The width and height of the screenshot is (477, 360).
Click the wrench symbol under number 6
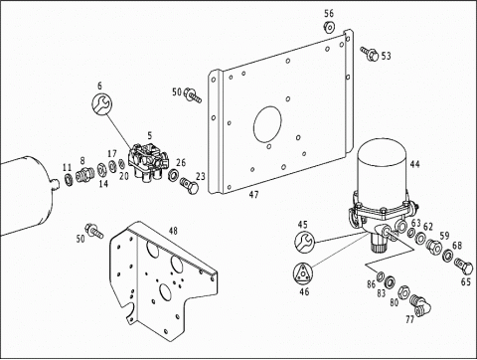[x=101, y=103]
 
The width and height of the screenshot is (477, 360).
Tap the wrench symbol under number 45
[x=304, y=241]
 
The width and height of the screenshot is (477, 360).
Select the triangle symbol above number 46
[x=303, y=273]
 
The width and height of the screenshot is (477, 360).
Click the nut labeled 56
[x=329, y=27]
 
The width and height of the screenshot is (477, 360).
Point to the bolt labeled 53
[x=370, y=53]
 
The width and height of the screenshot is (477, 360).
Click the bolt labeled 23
[x=190, y=186]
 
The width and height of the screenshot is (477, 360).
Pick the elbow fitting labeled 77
[x=420, y=305]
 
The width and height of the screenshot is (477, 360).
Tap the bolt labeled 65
[x=464, y=266]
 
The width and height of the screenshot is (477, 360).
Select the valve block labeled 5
[x=148, y=162]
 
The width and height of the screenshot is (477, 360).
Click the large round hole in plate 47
[x=267, y=124]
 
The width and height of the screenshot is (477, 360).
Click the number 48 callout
[x=173, y=231]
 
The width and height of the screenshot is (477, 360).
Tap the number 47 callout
[x=253, y=195]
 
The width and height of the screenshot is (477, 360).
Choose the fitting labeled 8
[x=84, y=174]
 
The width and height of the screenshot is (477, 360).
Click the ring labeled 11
[x=68, y=179]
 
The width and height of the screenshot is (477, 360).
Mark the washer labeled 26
[x=173, y=175]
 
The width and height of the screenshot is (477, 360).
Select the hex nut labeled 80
[x=404, y=291]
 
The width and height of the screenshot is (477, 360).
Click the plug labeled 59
[x=434, y=247]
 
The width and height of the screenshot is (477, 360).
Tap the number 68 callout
[x=457, y=246]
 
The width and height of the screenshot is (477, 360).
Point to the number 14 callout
[x=103, y=183]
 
